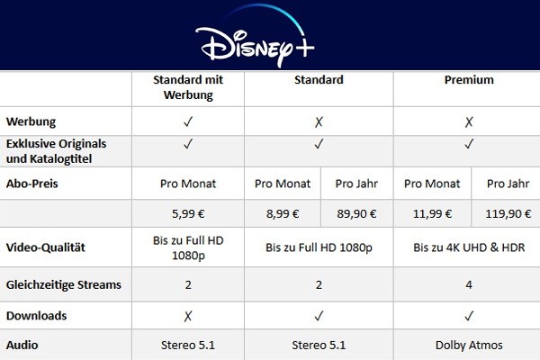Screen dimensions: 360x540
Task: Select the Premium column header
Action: [469, 80]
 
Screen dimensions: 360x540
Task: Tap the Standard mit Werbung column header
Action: [189, 87]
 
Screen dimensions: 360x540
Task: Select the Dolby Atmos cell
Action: [469, 344]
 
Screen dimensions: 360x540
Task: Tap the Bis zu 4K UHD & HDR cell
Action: [469, 247]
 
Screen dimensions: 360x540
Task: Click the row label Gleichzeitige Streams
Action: [63, 284]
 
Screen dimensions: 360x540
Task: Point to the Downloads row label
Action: [37, 315]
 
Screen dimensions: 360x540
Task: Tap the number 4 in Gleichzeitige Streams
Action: [469, 284]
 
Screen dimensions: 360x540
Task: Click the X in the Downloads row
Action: [189, 315]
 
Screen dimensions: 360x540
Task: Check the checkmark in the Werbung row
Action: [189, 120]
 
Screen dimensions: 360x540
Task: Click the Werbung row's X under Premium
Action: [469, 120]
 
